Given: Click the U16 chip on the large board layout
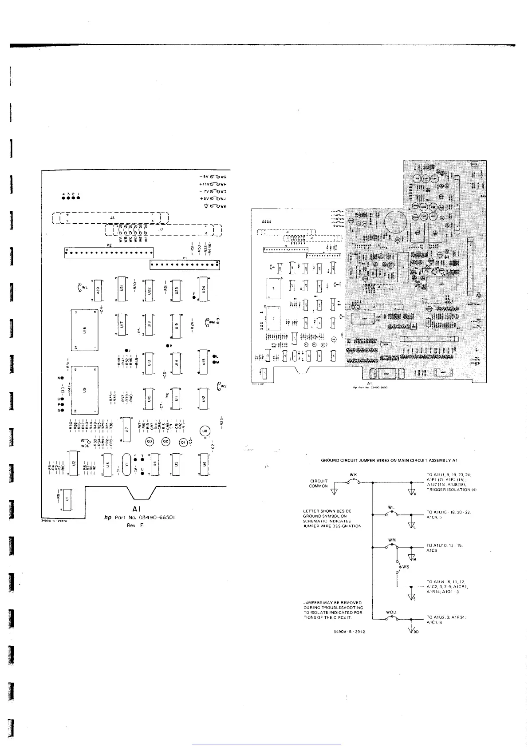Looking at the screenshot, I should click(x=84, y=330).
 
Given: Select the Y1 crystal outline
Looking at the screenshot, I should click(x=126, y=465).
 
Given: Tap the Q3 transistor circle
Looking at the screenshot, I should click(x=150, y=441).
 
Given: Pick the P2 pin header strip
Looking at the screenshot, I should click(x=109, y=252).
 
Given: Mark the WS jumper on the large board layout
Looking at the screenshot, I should click(x=221, y=386).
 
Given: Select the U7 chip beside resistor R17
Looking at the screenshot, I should click(x=127, y=429).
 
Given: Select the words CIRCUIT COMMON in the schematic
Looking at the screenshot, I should click(x=318, y=483).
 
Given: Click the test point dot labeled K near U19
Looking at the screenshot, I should click(x=168, y=345).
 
